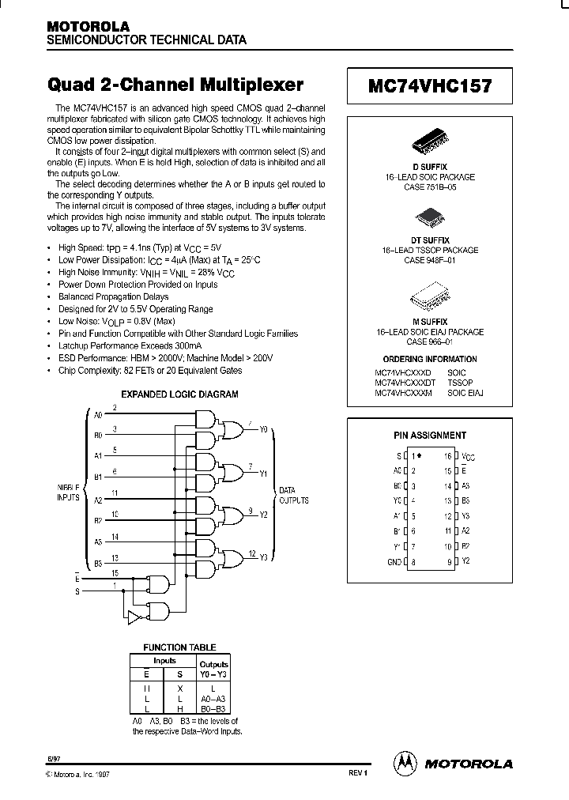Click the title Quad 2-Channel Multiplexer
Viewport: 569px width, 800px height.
pyautogui.click(x=175, y=85)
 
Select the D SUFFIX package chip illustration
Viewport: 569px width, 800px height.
pyautogui.click(x=430, y=145)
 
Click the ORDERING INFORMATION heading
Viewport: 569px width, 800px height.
pyautogui.click(x=429, y=358)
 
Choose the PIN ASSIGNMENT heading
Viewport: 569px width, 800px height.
pyautogui.click(x=430, y=435)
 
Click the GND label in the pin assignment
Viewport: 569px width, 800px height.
pyautogui.click(x=393, y=562)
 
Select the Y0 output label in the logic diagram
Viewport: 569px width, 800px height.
pyautogui.click(x=264, y=430)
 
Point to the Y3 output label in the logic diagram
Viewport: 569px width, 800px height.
pyautogui.click(x=264, y=557)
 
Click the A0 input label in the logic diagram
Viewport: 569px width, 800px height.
pyautogui.click(x=98, y=413)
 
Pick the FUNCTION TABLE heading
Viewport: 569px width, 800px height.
pyautogui.click(x=179, y=647)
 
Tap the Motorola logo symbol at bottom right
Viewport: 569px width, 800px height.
pyautogui.click(x=405, y=763)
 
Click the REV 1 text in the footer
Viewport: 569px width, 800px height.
pyautogui.click(x=358, y=772)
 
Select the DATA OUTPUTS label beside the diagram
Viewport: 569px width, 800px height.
pyautogui.click(x=293, y=496)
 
